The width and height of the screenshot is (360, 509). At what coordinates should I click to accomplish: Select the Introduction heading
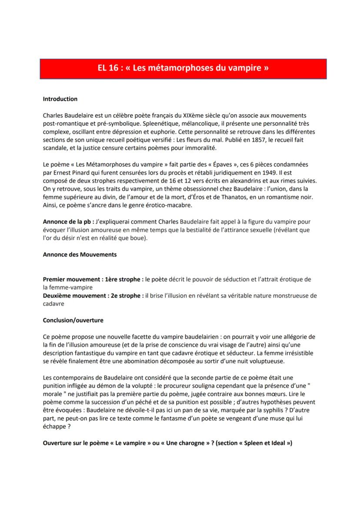pos(60,99)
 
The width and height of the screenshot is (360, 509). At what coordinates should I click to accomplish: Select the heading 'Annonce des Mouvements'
pos(80,255)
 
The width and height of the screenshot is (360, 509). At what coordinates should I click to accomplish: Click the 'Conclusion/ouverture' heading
pos(73,320)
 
